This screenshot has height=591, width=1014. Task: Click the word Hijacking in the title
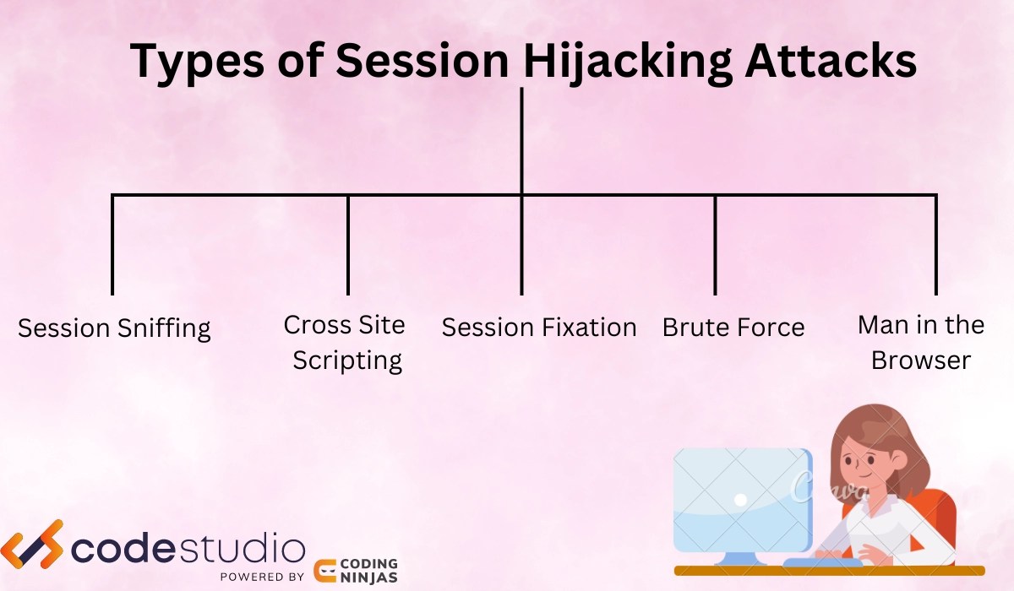click(627, 62)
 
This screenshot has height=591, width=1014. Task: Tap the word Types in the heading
click(197, 62)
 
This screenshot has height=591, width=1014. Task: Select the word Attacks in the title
click(831, 61)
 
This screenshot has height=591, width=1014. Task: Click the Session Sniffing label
click(114, 328)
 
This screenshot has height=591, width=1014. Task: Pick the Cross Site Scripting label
click(346, 343)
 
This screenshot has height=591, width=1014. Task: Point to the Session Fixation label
click(539, 328)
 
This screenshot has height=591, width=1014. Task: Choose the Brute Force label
click(733, 328)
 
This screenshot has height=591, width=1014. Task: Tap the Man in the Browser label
click(921, 343)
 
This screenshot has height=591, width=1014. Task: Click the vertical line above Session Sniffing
click(112, 245)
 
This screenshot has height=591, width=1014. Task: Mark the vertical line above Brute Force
click(715, 245)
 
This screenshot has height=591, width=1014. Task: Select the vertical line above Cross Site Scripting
click(347, 245)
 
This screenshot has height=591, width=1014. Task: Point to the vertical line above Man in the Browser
click(935, 245)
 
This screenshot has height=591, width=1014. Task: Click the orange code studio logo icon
click(32, 544)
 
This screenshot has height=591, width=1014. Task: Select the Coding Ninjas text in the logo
click(369, 571)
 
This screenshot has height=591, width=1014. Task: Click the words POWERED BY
click(262, 577)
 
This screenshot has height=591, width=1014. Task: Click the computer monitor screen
click(743, 500)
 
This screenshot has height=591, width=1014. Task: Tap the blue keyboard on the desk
click(822, 563)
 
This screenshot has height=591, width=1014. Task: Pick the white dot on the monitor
click(740, 500)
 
